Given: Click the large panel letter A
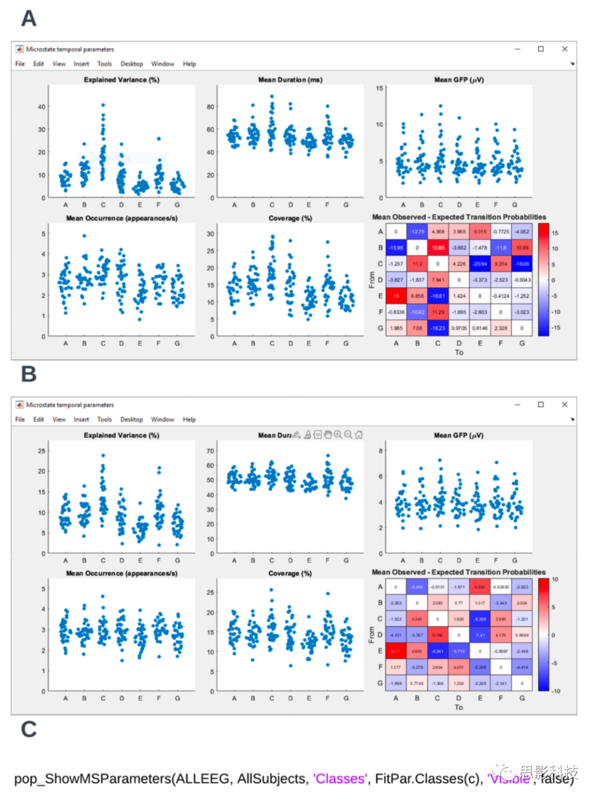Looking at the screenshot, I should click(29, 19).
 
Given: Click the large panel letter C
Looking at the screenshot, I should click(29, 729).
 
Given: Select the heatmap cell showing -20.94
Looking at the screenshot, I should click(480, 264).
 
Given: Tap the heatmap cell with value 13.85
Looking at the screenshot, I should click(438, 248).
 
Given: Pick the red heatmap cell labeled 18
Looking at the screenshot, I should click(396, 296).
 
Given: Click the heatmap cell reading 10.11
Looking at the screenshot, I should click(396, 651).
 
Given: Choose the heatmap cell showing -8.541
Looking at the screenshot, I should click(437, 651).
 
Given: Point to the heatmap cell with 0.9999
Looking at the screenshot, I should click(522, 635).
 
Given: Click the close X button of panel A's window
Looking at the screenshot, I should click(564, 49).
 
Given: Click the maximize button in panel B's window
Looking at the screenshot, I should click(540, 404).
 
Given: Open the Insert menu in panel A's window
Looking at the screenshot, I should click(81, 64).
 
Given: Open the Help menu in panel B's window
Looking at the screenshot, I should click(189, 419).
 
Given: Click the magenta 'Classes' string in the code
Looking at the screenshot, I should click(339, 779).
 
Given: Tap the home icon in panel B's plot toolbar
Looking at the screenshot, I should click(359, 435).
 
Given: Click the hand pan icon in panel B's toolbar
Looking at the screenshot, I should click(328, 435).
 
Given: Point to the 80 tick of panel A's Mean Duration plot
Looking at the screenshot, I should click(210, 107).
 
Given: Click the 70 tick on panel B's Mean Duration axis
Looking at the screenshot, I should click(210, 451).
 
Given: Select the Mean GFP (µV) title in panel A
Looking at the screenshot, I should click(458, 80).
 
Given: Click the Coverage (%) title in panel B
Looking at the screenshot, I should click(290, 573).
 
